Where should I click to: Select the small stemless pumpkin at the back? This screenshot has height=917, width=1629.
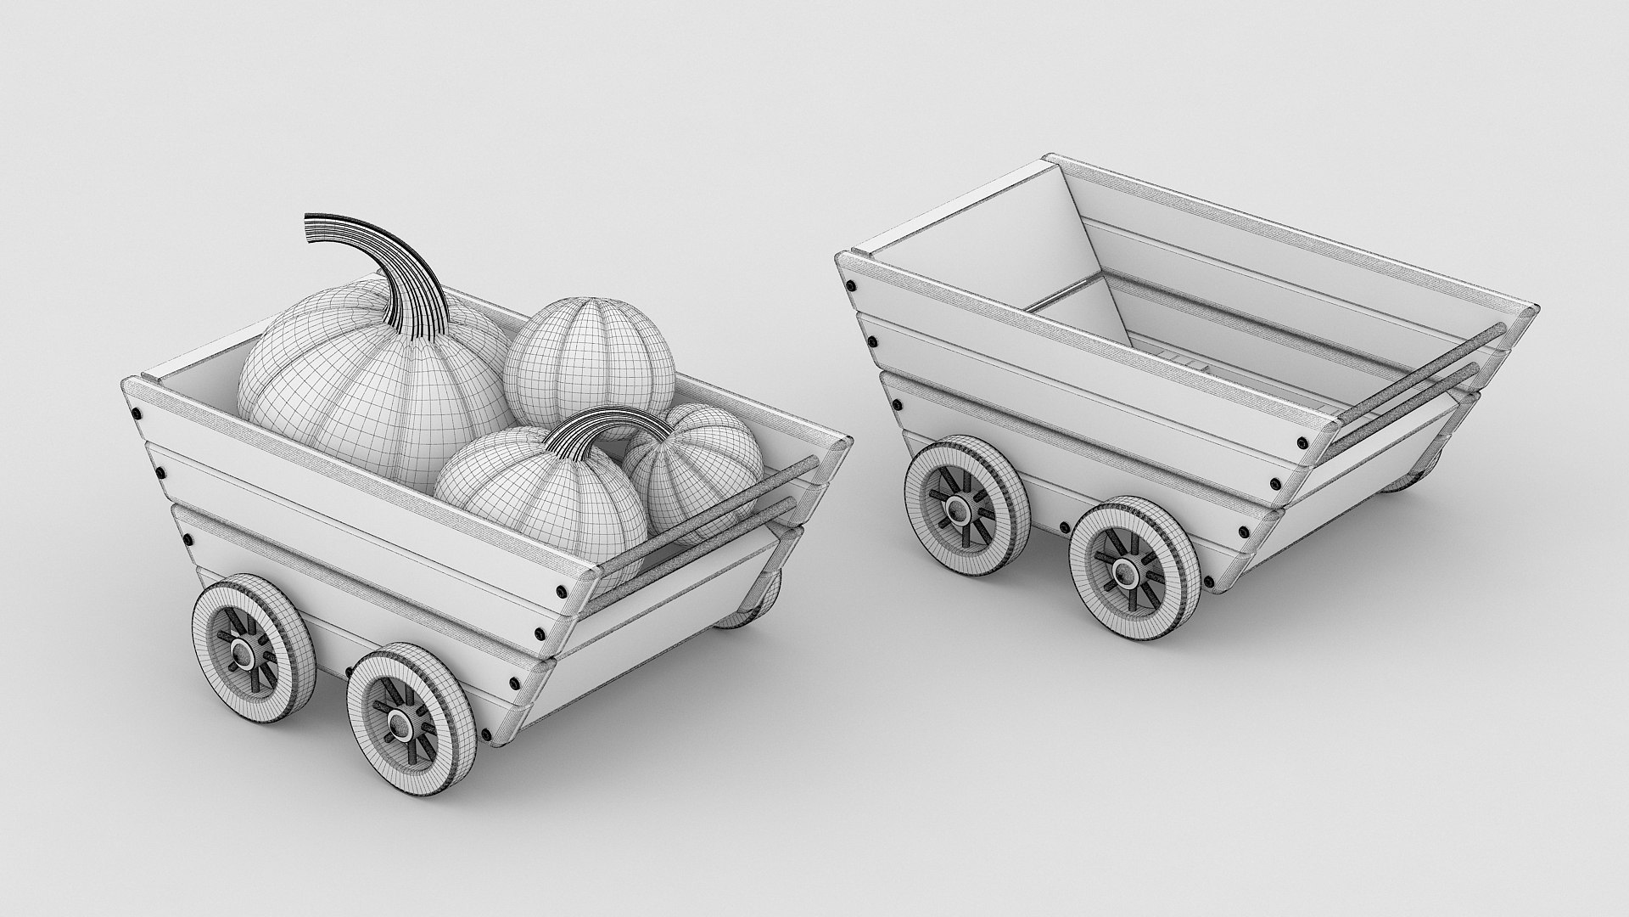590,365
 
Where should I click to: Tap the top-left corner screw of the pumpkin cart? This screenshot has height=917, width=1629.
136,413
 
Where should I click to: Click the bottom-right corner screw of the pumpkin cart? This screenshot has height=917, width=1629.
486,734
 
